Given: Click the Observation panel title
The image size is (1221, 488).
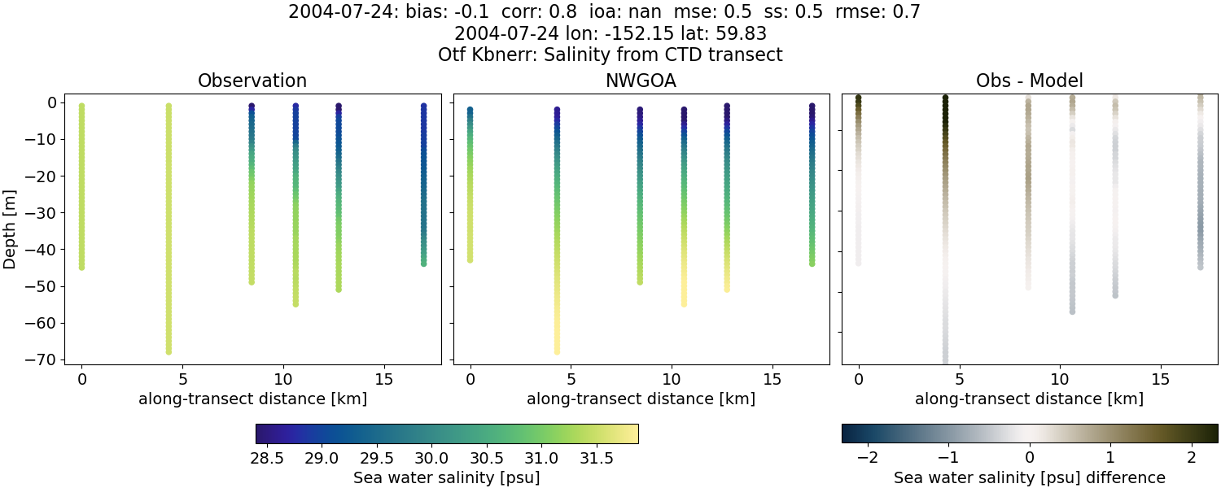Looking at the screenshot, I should coord(252,81).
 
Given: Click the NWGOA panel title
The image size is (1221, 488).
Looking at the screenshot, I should coord(641,81).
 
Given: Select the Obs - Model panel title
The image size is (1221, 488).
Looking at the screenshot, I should coord(1029,81).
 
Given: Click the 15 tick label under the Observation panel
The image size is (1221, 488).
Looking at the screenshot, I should coord(383,379).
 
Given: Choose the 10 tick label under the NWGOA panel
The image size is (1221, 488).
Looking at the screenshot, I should coord(672,379).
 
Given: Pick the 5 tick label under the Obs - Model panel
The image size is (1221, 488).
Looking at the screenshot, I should coord(960,379).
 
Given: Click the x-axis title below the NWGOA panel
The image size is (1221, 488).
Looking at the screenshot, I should coord(641,399).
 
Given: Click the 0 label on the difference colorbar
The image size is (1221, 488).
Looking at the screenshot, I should coord(1030,457).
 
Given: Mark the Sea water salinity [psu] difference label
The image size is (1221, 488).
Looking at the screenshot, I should coord(1030,477).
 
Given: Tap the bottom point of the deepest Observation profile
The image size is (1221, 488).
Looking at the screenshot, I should coord(168,351).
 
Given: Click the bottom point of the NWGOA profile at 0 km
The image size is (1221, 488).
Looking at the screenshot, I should coord(470,259).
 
